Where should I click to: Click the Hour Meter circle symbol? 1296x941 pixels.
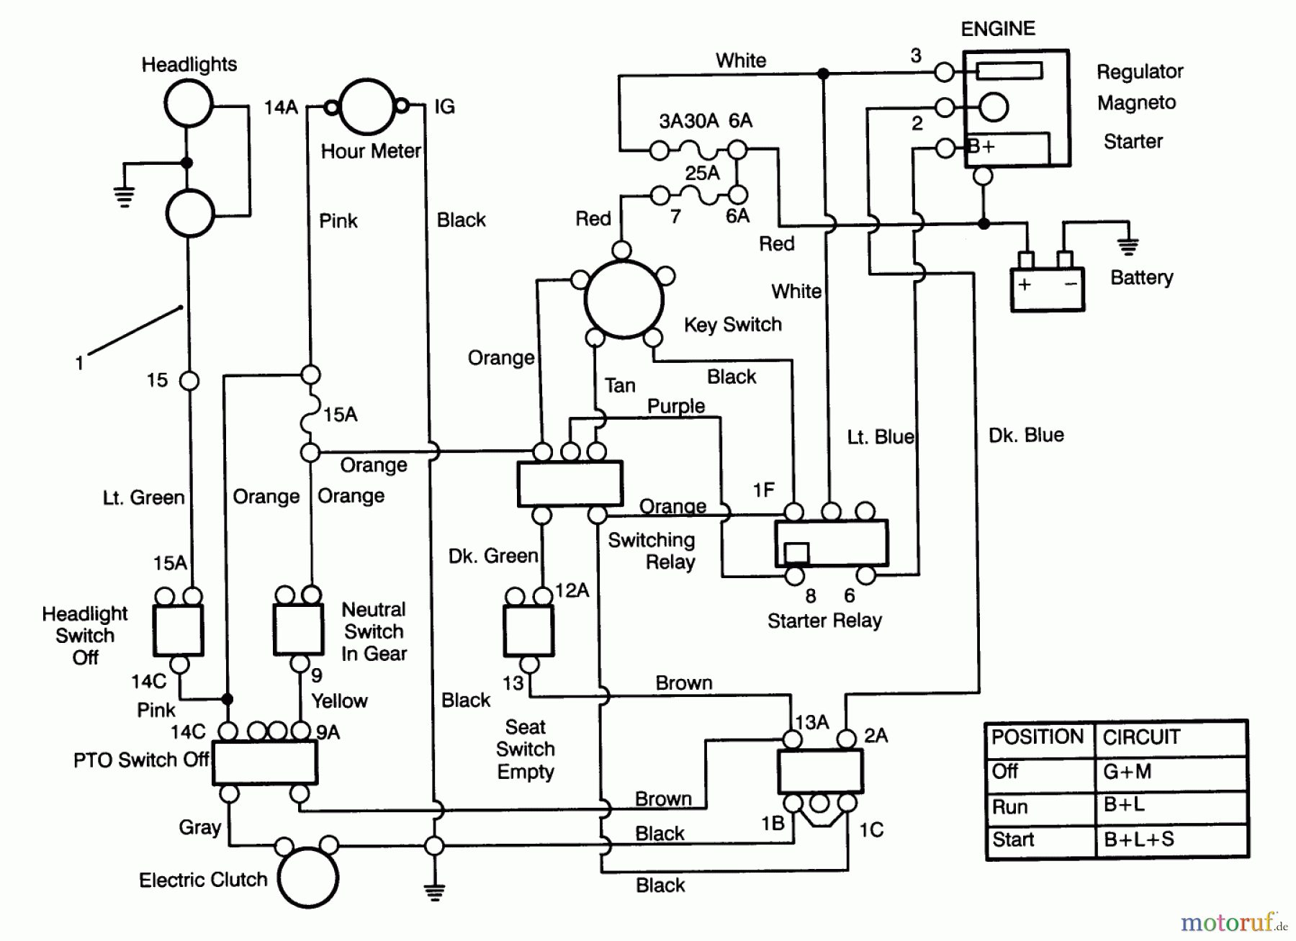point(367,107)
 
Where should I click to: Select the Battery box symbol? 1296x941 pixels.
point(1047,289)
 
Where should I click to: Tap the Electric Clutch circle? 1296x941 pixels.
point(307,878)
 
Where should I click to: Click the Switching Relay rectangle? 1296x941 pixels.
point(570,484)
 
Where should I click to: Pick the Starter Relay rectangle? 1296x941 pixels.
point(831,543)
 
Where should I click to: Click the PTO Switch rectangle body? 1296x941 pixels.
point(264,762)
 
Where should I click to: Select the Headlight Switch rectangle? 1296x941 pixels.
point(178,630)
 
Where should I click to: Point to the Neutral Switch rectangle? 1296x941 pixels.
point(298,629)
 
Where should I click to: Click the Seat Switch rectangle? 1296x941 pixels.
point(528,631)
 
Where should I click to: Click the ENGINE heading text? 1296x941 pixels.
point(998,29)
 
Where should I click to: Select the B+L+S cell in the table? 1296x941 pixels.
point(1138,839)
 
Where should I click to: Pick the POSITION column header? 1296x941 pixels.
point(1037,737)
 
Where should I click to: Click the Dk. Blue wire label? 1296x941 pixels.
point(1026,435)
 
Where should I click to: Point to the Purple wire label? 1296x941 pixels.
point(675,406)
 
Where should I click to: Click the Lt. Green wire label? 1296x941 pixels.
point(143,497)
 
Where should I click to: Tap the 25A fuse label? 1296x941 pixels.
point(702,174)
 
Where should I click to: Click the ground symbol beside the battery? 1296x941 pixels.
point(1128,247)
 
